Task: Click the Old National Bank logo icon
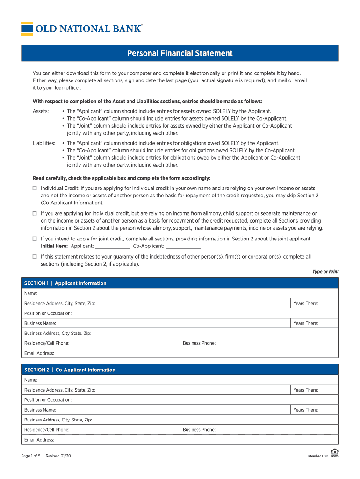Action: pos(27,29)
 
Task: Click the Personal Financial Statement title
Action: pos(180,53)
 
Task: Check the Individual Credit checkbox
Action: pos(35,188)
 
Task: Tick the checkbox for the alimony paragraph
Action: pos(35,213)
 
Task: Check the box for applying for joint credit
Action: pos(35,239)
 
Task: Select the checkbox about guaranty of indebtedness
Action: pos(35,257)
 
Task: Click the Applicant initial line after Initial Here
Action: pos(112,246)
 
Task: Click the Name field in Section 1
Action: pos(180,293)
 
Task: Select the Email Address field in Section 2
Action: pos(180,440)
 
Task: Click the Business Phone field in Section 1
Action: pos(259,343)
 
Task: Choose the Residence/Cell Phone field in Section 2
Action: pos(101,430)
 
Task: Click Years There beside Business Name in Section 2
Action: pos(314,410)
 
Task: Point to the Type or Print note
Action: pos(325,272)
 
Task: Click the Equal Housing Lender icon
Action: pos(335,453)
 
